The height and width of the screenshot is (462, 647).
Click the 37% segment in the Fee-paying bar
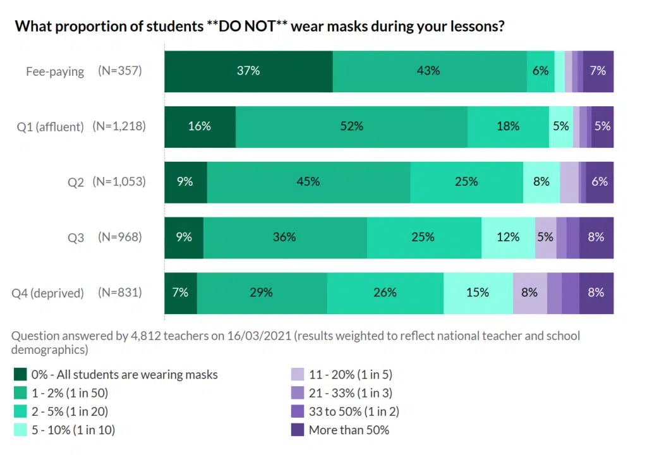point(248,71)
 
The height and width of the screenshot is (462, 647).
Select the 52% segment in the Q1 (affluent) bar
point(351,126)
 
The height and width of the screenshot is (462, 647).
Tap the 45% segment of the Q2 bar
point(308,182)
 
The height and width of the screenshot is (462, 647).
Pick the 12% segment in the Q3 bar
point(508,237)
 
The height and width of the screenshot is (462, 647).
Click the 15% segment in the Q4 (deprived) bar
point(478,293)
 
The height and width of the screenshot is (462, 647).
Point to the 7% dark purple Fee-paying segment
point(598,71)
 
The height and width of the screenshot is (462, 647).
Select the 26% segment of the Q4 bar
point(385,293)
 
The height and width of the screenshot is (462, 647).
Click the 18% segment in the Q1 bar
point(508,126)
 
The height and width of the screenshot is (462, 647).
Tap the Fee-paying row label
point(55,71)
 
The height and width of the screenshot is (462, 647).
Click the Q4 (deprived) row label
point(48,293)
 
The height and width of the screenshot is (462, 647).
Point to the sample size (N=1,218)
point(119,126)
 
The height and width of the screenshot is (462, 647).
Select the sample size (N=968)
point(120,238)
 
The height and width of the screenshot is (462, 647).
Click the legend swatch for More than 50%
point(298,430)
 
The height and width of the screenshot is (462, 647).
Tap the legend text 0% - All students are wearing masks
point(125,375)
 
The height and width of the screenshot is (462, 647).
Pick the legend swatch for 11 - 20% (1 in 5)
point(298,375)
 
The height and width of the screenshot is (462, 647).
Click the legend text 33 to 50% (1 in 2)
point(354,412)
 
